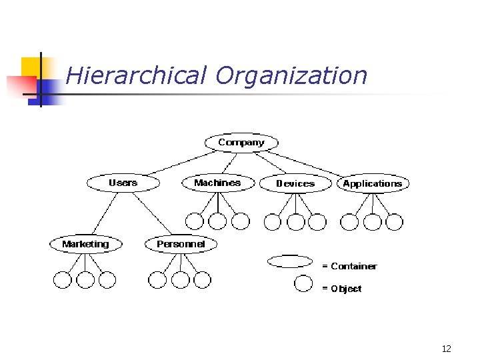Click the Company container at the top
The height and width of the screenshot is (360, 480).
(x=241, y=143)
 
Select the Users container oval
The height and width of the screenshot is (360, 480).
(x=123, y=183)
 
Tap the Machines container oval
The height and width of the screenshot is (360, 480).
(x=217, y=183)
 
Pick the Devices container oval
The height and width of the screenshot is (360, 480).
(x=295, y=183)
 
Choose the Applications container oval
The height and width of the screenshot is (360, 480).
(x=373, y=183)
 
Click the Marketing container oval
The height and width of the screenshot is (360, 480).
(x=86, y=244)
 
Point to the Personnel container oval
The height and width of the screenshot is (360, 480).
(x=181, y=244)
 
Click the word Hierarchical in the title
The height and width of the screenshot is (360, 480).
(x=137, y=75)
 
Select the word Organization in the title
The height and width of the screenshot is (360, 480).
(x=291, y=75)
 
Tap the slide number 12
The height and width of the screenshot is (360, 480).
(x=446, y=349)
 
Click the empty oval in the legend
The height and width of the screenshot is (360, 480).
(x=289, y=261)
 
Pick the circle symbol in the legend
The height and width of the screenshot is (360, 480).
(x=303, y=284)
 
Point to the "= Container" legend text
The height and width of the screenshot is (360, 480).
(x=349, y=266)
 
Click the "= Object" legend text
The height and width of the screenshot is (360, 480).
(x=341, y=289)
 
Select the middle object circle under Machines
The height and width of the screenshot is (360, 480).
(x=217, y=221)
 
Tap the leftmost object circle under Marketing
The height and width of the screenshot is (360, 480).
(x=62, y=280)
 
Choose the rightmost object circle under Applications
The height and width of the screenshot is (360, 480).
(x=394, y=221)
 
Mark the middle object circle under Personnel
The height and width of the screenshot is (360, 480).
(x=180, y=280)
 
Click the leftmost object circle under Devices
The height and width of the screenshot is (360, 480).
(x=273, y=221)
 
